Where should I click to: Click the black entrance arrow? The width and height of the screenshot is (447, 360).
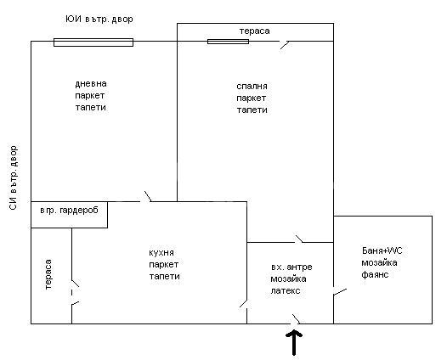pyautogui.click(x=294, y=343)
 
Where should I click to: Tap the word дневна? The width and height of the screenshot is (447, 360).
pyautogui.click(x=91, y=84)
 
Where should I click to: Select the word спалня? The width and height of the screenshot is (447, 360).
pyautogui.click(x=252, y=87)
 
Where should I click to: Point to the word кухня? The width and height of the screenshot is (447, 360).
pyautogui.click(x=161, y=253)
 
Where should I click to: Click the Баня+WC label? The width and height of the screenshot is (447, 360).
pyautogui.click(x=382, y=250)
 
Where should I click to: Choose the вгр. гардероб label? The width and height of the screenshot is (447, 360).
pyautogui.click(x=70, y=211)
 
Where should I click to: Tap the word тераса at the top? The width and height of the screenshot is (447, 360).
pyautogui.click(x=255, y=31)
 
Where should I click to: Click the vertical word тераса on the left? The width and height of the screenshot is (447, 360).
pyautogui.click(x=48, y=274)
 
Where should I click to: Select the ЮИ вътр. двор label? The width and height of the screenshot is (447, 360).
pyautogui.click(x=99, y=19)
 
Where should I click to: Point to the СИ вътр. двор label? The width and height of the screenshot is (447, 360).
pyautogui.click(x=14, y=178)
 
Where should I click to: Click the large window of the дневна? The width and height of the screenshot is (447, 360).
pyautogui.click(x=93, y=42)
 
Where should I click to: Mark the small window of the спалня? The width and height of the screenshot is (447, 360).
pyautogui.click(x=228, y=42)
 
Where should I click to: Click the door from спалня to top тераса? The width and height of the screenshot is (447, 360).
pyautogui.click(x=285, y=45)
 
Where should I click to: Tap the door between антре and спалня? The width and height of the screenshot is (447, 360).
pyautogui.click(x=299, y=239)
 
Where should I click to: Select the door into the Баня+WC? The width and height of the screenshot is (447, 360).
pyautogui.click(x=340, y=292)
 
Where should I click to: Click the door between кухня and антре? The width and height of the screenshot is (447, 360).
pyautogui.click(x=243, y=304)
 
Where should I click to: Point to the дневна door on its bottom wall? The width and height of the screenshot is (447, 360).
pyautogui.click(x=148, y=196)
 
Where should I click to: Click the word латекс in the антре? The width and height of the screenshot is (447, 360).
pyautogui.click(x=286, y=291)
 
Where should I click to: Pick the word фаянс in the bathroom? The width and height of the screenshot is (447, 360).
pyautogui.click(x=375, y=274)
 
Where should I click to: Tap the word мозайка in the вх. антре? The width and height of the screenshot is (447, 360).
pyautogui.click(x=288, y=278)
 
